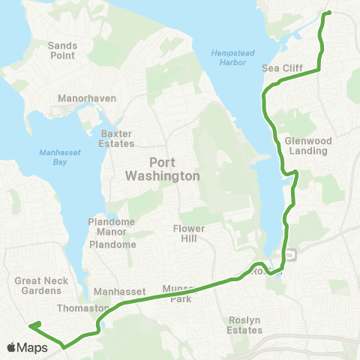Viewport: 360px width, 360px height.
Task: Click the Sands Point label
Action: [63, 50]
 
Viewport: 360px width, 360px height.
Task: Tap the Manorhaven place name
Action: [85, 98]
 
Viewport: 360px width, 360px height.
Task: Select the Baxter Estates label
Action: [117, 139]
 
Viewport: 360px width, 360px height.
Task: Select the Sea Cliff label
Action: [282, 68]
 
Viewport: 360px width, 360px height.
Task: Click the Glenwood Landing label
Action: [307, 145]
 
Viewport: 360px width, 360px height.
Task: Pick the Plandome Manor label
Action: [112, 226]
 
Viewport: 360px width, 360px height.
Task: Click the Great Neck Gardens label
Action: [37, 286]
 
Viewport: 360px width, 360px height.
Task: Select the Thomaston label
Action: [78, 308]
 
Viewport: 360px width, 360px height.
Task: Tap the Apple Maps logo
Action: [26, 347]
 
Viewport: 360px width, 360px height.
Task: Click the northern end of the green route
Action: [328, 13]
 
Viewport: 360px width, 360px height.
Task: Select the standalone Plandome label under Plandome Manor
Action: [112, 244]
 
